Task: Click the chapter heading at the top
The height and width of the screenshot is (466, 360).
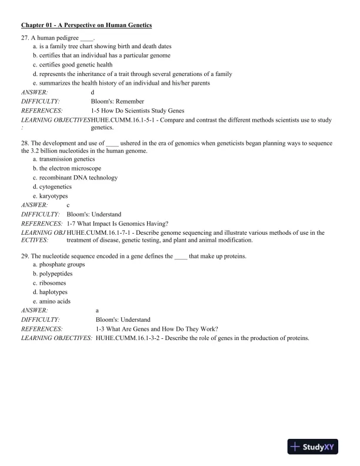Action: [86, 25]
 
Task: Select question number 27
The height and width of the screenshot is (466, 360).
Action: [25, 37]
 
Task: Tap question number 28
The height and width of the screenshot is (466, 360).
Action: [25, 143]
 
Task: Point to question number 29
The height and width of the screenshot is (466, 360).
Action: [25, 257]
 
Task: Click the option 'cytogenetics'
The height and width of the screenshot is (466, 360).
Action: [58, 187]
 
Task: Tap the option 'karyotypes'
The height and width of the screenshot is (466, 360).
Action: [55, 196]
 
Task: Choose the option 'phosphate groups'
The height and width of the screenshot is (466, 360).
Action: [62, 264]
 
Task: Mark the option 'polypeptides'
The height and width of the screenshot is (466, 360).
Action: [57, 274]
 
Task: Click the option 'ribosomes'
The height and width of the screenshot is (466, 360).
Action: [55, 283]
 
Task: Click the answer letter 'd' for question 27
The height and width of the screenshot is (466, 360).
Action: [92, 92]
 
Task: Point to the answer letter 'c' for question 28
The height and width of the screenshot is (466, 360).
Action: [69, 205]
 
